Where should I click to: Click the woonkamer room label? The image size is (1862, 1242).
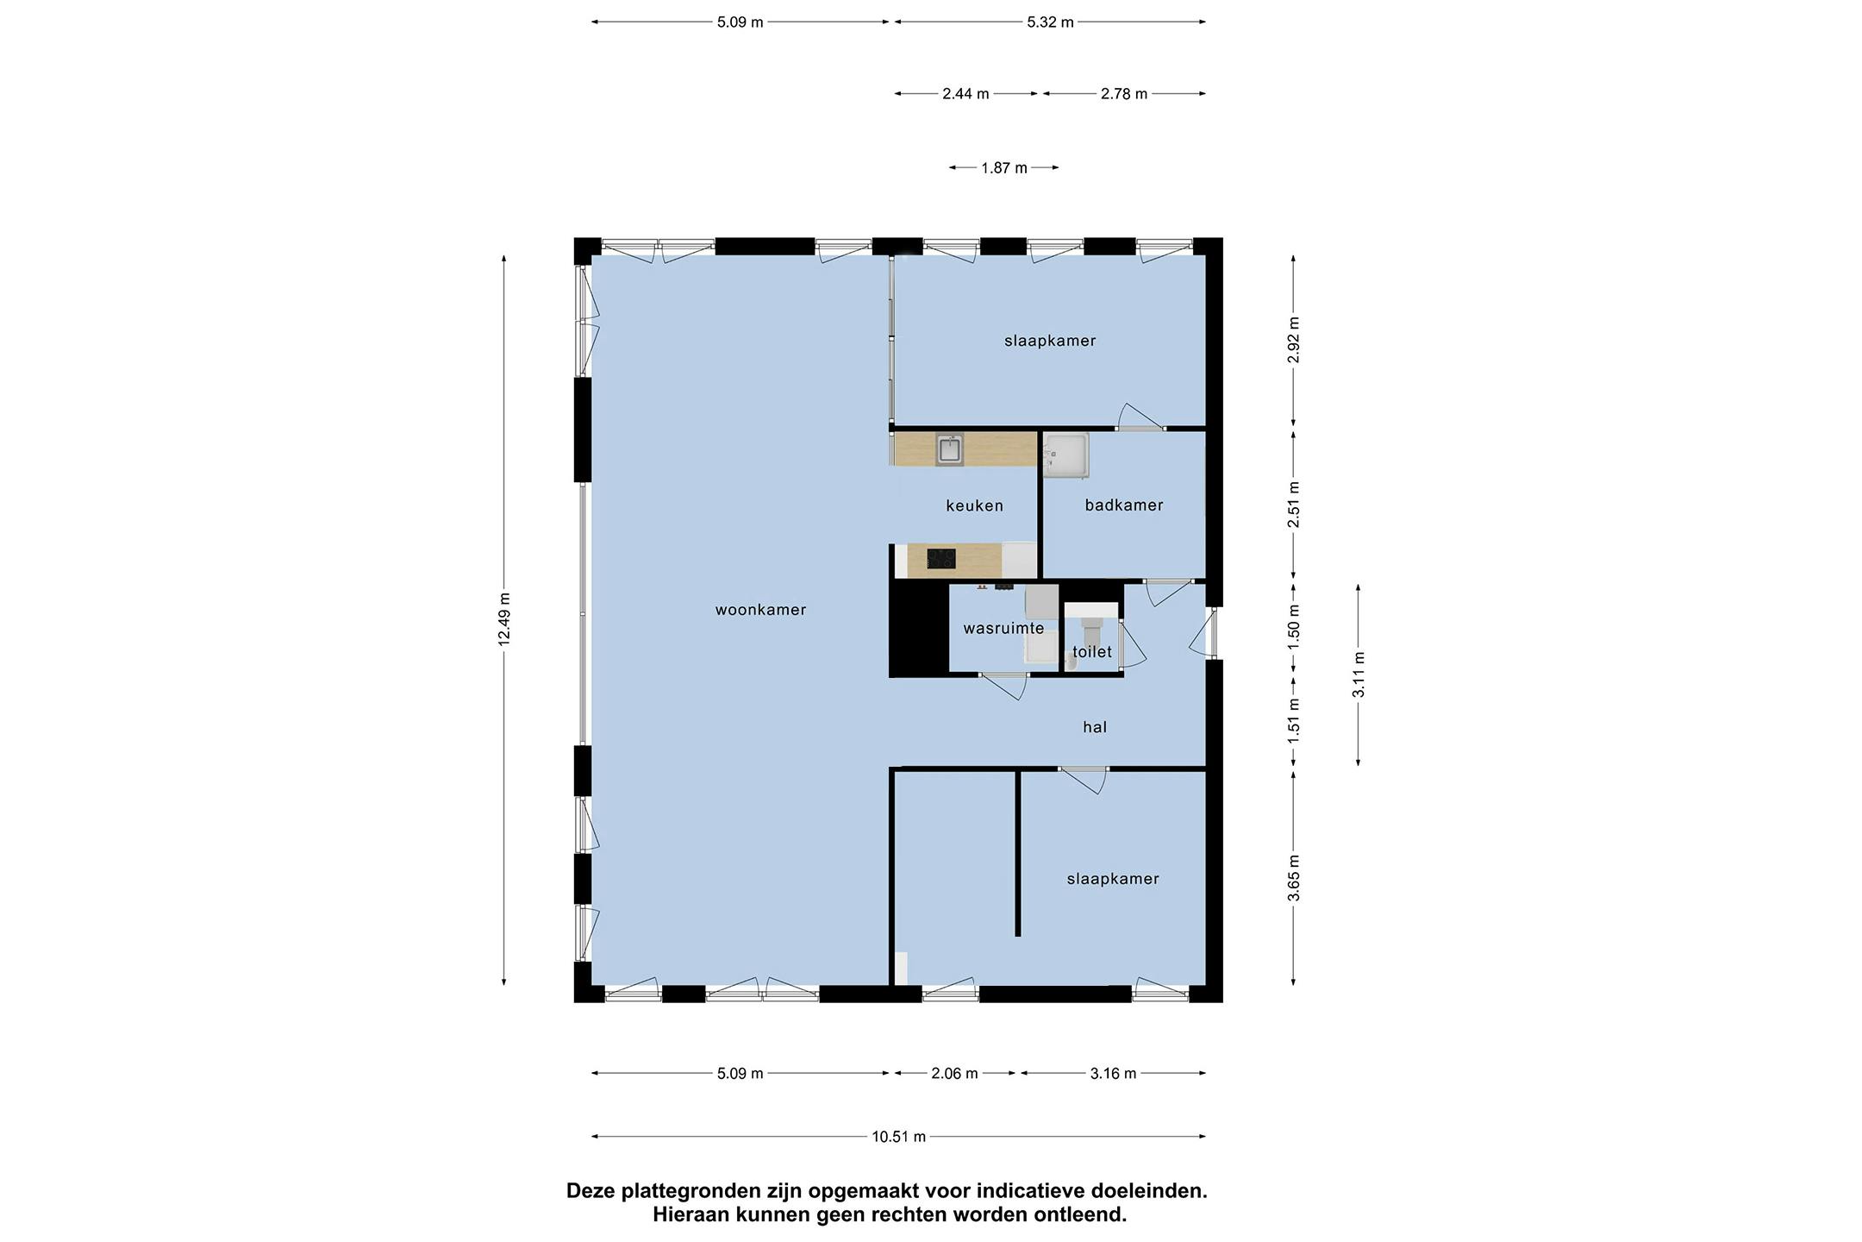click(x=760, y=610)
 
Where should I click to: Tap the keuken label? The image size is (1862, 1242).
click(x=974, y=505)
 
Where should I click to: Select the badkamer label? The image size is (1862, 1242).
click(x=1123, y=505)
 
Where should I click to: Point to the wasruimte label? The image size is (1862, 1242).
click(x=1003, y=628)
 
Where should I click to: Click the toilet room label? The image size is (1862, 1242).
click(x=1091, y=652)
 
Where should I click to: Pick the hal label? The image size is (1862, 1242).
click(x=1095, y=727)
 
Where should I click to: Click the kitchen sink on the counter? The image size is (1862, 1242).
click(x=949, y=450)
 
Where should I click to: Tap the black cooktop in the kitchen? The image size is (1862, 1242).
click(x=940, y=559)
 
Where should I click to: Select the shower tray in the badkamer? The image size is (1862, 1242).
click(x=1066, y=455)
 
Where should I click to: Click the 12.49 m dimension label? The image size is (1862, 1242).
click(x=504, y=618)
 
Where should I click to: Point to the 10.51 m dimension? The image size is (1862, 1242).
click(x=898, y=1137)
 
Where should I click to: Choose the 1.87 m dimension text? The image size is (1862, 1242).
click(x=1003, y=168)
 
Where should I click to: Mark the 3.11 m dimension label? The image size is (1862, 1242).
click(x=1358, y=674)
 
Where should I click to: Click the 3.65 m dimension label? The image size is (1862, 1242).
click(x=1293, y=877)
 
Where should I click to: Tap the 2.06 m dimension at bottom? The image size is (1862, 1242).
click(x=954, y=1074)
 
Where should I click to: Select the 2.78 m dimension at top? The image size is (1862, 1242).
click(x=1123, y=94)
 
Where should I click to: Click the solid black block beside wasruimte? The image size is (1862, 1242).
click(x=918, y=630)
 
